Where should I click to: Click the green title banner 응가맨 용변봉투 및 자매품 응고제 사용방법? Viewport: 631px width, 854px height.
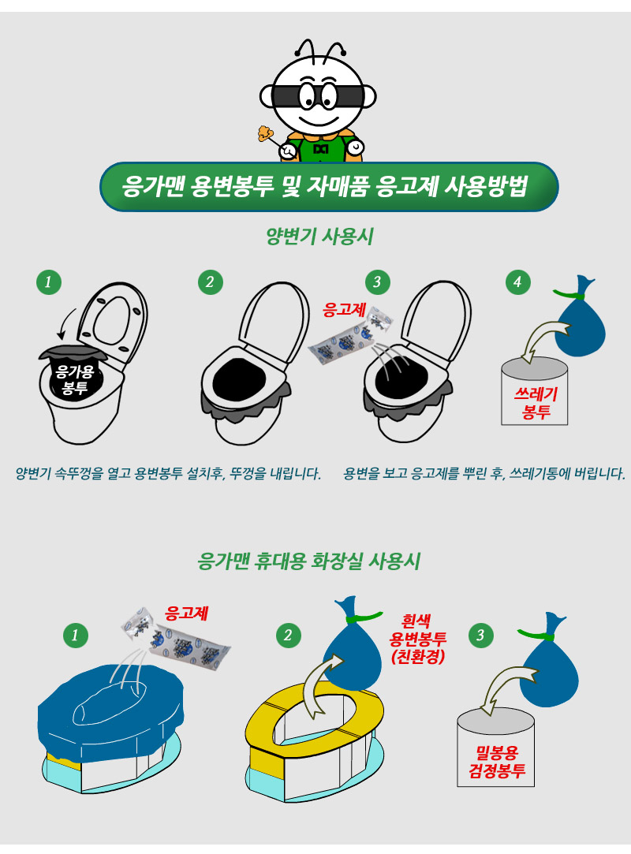coord(329,187)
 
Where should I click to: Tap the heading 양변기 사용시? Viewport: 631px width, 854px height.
coord(320,237)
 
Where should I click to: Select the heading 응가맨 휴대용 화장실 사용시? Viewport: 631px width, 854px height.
coord(309,561)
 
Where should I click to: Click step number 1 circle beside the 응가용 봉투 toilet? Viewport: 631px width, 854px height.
coord(48,282)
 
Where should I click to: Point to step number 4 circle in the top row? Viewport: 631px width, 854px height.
coord(517,282)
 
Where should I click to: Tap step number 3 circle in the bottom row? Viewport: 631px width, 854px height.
coord(480,635)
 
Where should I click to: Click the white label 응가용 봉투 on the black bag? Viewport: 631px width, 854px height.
coord(75,379)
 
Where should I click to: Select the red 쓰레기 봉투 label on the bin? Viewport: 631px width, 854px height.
coord(536,403)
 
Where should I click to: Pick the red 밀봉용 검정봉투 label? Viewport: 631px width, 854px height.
coord(497,762)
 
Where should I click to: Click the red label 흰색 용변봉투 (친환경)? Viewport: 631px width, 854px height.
coord(418,638)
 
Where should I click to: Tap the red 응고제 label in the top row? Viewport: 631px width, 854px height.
coord(344,309)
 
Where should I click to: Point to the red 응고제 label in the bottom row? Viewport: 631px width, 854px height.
coord(187,613)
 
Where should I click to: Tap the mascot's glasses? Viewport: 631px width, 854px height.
coord(319,96)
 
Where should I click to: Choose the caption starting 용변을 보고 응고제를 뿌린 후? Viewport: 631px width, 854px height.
coord(484,473)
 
